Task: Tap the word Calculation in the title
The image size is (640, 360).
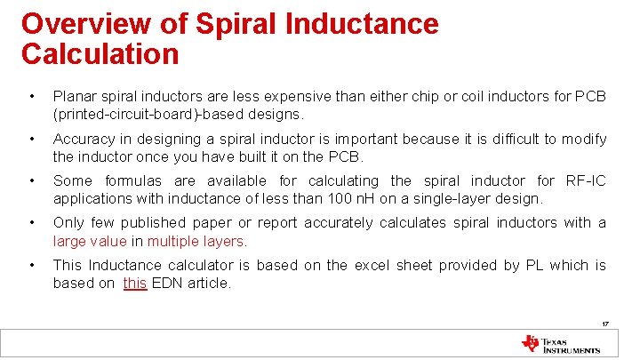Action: pos(100,54)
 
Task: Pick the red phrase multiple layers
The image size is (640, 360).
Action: pos(197,241)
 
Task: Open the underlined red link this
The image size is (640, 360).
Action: pos(135,283)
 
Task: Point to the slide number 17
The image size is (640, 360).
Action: pos(604,324)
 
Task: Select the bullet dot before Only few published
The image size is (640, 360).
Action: pos(31,223)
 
